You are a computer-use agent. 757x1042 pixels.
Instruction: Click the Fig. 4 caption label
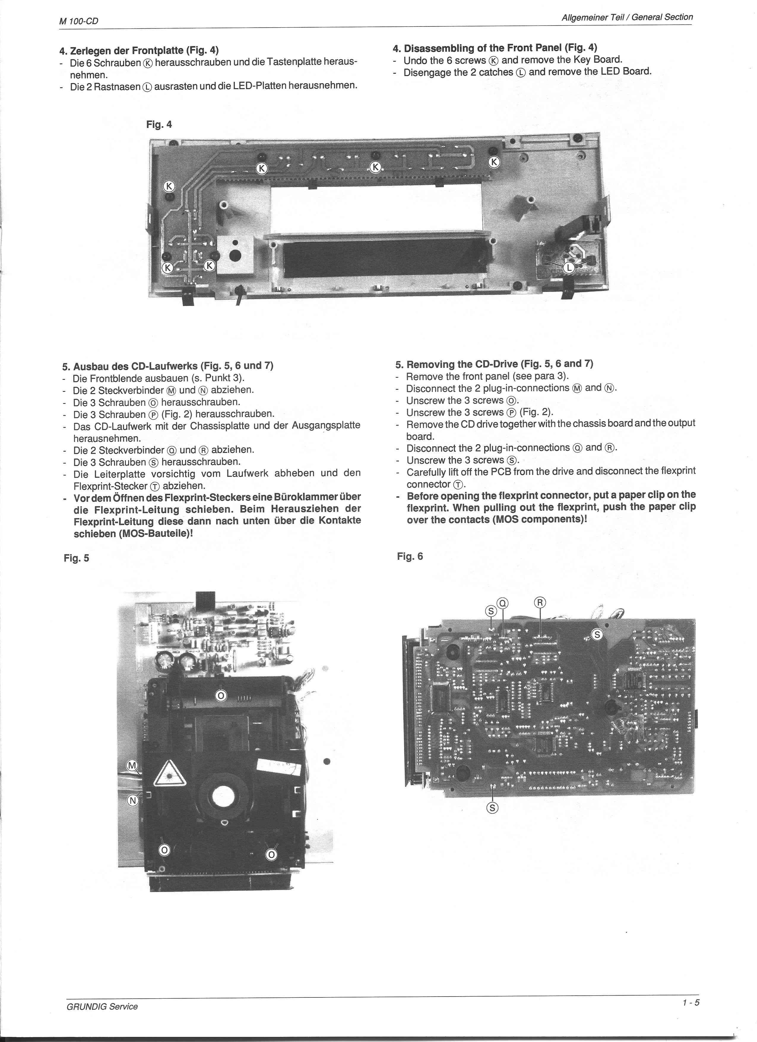159,124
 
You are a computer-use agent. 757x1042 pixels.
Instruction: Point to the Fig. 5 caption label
76,558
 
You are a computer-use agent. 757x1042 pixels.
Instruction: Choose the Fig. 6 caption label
410,556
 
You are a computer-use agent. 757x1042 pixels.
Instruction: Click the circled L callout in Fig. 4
569,268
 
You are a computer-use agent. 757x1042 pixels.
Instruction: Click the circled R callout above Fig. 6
540,602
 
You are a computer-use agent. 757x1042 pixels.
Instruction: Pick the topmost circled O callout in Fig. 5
221,695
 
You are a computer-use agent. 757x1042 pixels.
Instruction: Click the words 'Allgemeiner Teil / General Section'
627,18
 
